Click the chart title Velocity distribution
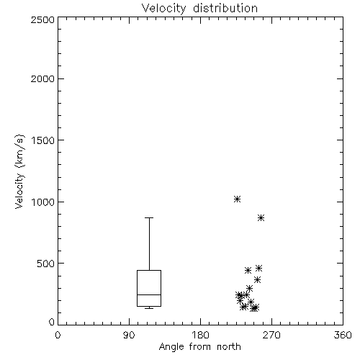[199, 8]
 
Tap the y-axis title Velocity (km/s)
[19, 171]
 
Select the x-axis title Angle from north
[200, 346]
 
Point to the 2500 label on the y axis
[42, 19]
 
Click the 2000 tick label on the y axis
[42, 78]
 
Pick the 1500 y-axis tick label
[43, 140]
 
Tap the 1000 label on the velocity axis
[43, 202]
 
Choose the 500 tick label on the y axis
[46, 264]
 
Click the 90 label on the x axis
[129, 335]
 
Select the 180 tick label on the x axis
[200, 335]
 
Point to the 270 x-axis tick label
[271, 335]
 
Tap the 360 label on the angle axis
[343, 335]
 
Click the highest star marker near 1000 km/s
[237, 199]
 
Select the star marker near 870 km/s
[261, 218]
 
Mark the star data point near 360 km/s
[257, 279]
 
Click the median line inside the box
[149, 294]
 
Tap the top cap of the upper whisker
[149, 217]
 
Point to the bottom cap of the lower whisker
[149, 308]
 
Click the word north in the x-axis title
[229, 346]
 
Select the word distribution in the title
[225, 8]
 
